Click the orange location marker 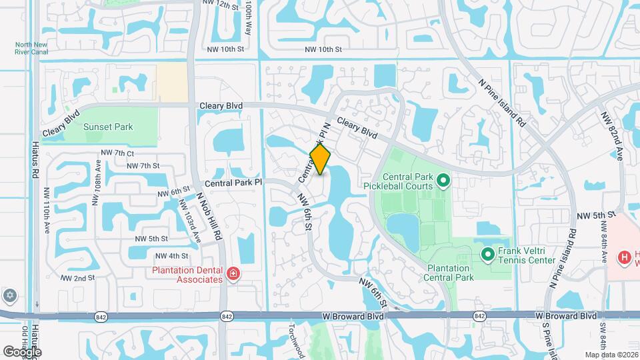coord(321,159)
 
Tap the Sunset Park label coord(108,127)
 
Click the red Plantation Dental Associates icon coord(233,273)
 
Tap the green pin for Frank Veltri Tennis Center coord(487,253)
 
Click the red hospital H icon coord(625,257)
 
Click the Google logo coord(22,351)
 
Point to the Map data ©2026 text coord(611,355)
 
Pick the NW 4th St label coord(171,256)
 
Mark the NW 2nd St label coord(78,277)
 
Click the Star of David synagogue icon coord(9,295)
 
